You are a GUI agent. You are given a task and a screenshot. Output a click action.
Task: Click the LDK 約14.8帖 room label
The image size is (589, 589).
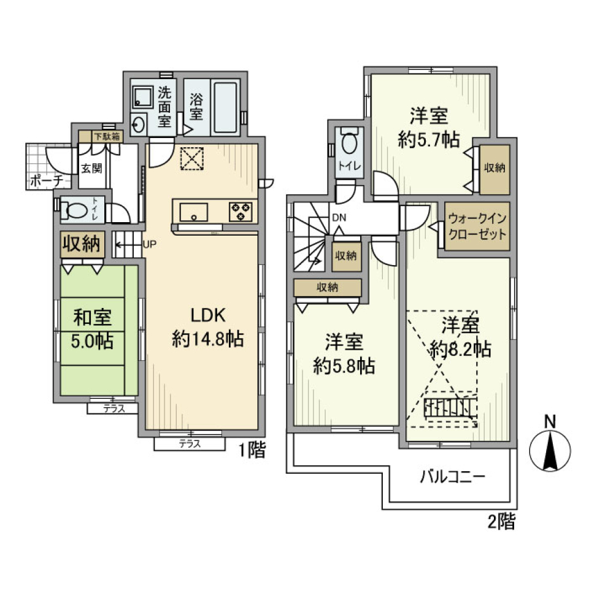pyautogui.click(x=208, y=326)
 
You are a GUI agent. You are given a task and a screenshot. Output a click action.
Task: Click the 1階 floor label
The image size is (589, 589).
pyautogui.click(x=252, y=452)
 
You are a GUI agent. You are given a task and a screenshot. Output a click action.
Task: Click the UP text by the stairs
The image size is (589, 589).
pyautogui.click(x=150, y=244)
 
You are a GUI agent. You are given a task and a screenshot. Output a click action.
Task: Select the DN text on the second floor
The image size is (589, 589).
pyautogui.click(x=339, y=217)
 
